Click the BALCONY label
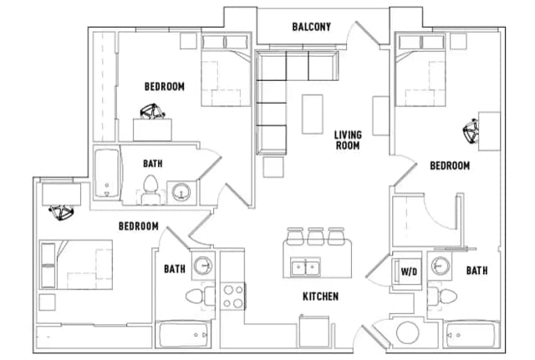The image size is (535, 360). (x=311, y=27)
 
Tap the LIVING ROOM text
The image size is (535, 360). (x=347, y=139)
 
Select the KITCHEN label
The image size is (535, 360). (x=320, y=297)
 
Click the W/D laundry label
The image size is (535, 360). (x=409, y=271)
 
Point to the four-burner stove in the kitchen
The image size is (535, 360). (x=232, y=296)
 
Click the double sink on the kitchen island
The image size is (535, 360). (x=306, y=268)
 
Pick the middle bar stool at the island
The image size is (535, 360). (x=314, y=236)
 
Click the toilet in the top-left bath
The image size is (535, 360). (x=151, y=190)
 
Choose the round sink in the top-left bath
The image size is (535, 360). (x=181, y=193)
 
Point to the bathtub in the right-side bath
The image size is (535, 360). (x=471, y=337)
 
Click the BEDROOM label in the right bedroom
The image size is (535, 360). (x=450, y=166)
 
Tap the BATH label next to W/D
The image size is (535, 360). (x=476, y=271)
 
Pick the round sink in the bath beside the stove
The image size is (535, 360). (x=202, y=266)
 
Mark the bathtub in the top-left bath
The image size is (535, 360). (x=106, y=175)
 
